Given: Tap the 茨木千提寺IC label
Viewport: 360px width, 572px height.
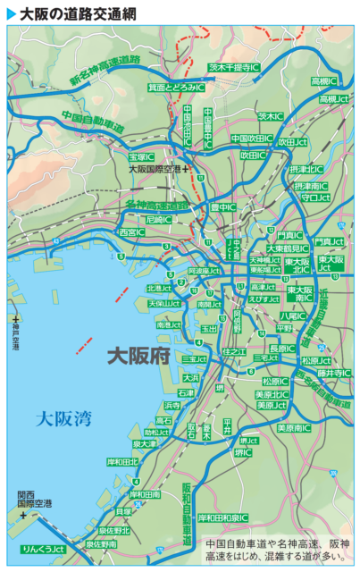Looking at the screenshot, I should click(234, 66).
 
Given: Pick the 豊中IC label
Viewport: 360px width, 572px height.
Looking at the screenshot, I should click(222, 206).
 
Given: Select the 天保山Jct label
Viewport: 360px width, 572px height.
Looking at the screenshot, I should click(164, 303).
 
